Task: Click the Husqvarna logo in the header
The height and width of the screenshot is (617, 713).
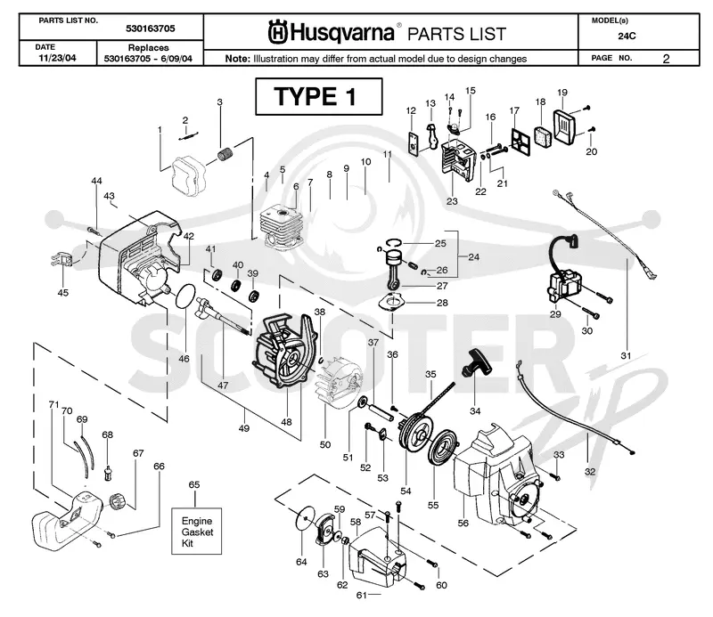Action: pos(332,33)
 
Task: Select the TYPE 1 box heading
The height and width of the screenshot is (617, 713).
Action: pos(319,97)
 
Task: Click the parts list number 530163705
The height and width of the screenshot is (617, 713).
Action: pos(151,28)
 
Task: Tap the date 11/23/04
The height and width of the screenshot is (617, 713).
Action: pos(57,58)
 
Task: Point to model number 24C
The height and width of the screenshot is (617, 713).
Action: pos(627,36)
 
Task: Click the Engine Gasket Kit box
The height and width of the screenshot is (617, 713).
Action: pos(196,532)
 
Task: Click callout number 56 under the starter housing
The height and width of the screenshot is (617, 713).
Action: pos(463,523)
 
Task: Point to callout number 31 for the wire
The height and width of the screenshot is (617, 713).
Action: pos(626,355)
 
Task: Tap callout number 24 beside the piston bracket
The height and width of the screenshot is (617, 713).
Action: pos(474,257)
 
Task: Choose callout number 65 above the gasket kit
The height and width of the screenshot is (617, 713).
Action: pos(194,484)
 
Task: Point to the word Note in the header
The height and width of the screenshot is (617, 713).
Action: pos(237,59)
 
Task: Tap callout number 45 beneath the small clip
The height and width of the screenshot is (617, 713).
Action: pos(62,293)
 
